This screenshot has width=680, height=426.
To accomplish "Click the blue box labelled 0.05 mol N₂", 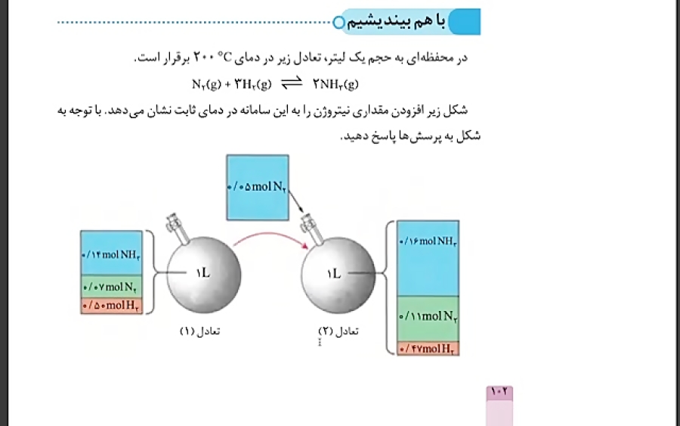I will point(257,187).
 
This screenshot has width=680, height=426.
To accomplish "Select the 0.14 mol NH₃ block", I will point(111,253).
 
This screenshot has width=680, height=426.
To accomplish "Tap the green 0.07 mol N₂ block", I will point(111,287).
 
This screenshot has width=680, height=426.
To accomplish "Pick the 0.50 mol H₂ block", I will point(111,306).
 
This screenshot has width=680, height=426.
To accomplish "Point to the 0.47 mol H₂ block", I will point(428,349).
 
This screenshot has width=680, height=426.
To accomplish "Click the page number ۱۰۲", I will point(501,392).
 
